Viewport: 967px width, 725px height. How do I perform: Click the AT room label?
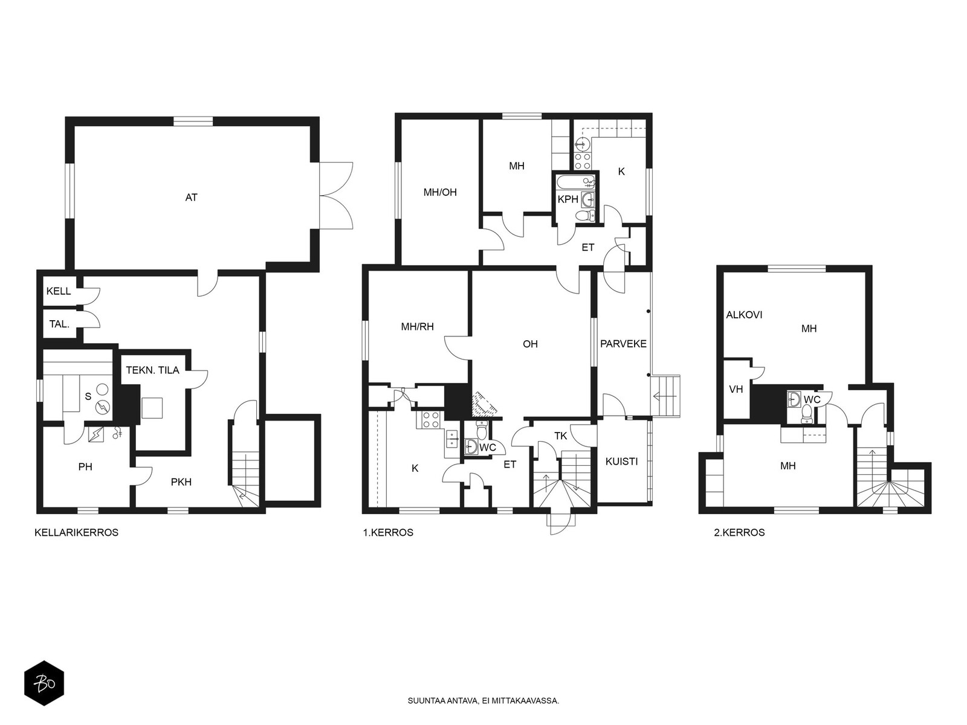click(x=191, y=198)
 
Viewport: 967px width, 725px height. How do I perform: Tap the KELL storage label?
click(x=59, y=291)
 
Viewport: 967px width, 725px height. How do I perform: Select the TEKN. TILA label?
click(x=153, y=370)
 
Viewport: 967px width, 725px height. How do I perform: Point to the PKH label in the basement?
click(x=181, y=482)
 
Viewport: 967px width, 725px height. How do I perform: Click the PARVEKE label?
click(x=623, y=344)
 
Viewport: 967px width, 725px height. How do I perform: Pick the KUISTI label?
click(x=622, y=462)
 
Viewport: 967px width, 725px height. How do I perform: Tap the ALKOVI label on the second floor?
click(x=744, y=315)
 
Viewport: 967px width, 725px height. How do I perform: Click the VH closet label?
click(x=736, y=389)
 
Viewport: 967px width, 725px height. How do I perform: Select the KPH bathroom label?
click(x=568, y=199)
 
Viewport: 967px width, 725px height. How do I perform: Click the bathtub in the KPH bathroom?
click(x=576, y=182)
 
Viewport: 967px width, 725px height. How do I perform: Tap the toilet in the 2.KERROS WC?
click(x=807, y=413)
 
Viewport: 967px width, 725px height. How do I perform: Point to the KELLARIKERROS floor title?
click(x=77, y=533)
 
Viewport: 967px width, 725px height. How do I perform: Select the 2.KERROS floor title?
click(x=739, y=533)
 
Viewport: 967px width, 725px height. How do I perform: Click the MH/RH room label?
click(x=417, y=327)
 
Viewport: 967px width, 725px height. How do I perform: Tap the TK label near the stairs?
click(x=560, y=436)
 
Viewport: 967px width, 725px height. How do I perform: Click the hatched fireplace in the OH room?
click(x=485, y=404)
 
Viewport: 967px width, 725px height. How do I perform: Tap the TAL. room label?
click(x=59, y=324)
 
